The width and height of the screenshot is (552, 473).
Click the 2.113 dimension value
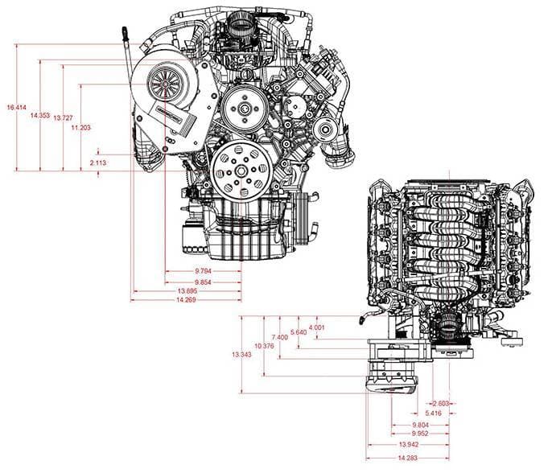click(x=98, y=162)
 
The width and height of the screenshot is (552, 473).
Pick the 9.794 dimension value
click(x=206, y=271)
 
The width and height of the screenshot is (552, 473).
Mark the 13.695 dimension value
click(x=187, y=290)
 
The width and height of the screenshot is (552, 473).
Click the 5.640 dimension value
click(x=298, y=332)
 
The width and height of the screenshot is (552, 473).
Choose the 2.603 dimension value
click(x=441, y=403)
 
